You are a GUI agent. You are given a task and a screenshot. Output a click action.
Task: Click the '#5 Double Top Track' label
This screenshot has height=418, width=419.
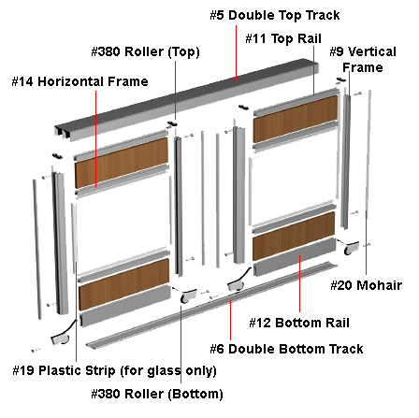tap(275, 15)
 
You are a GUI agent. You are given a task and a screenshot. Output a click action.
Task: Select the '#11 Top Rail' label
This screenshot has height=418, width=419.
tap(283, 39)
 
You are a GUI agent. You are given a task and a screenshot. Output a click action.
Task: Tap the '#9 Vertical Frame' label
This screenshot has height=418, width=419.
tap(363, 60)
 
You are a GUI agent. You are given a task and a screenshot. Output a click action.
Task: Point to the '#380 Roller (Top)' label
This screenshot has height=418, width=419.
tap(145, 52)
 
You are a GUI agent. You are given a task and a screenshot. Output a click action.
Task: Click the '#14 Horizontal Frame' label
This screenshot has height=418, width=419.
tap(79, 81)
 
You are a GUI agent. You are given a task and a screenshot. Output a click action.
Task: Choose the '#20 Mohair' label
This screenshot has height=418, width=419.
tap(367, 285)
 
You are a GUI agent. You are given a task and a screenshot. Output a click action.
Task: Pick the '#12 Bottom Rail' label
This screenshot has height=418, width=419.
tap(299, 323)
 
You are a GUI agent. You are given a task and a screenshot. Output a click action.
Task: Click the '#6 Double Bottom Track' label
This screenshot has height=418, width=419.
tap(286, 349)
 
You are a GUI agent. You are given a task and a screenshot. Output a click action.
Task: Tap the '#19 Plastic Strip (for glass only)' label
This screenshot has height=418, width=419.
tap(114, 371)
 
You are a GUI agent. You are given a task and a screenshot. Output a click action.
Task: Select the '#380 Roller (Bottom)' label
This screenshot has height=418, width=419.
tap(157, 394)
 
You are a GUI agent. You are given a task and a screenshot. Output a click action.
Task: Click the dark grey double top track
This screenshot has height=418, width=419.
tap(186, 98)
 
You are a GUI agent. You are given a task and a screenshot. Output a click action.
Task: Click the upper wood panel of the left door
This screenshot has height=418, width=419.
tap(122, 162)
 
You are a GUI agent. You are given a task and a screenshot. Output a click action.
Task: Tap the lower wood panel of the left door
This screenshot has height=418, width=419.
tap(124, 284)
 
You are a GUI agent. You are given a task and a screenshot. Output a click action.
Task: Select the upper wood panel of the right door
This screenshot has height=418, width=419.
tap(296, 119)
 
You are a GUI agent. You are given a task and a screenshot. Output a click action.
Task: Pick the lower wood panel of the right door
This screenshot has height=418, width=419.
tap(294, 236)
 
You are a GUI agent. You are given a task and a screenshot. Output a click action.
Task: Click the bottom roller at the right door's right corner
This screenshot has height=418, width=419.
tap(350, 247)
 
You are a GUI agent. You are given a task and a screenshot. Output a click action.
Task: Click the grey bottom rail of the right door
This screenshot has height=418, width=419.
tap(295, 257)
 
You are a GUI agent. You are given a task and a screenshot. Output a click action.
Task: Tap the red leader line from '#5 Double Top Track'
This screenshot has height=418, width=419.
tap(236, 53)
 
